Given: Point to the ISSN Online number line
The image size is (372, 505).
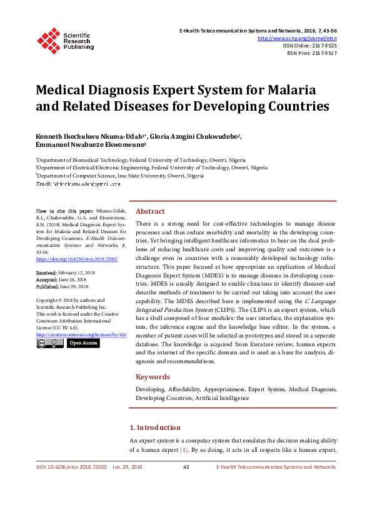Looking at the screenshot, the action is pyautogui.click(x=309, y=46).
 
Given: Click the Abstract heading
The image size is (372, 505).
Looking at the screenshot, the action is pyautogui.click(x=150, y=211).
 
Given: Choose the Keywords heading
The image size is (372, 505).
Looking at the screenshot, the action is pyautogui.click(x=153, y=377).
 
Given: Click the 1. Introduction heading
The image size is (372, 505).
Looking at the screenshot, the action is pyautogui.click(x=154, y=427).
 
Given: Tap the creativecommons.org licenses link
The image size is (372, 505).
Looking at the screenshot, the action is pyautogui.click(x=81, y=335).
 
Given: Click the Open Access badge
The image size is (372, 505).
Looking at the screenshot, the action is pyautogui.click(x=83, y=343).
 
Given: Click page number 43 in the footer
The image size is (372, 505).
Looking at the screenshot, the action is pyautogui.click(x=186, y=467).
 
